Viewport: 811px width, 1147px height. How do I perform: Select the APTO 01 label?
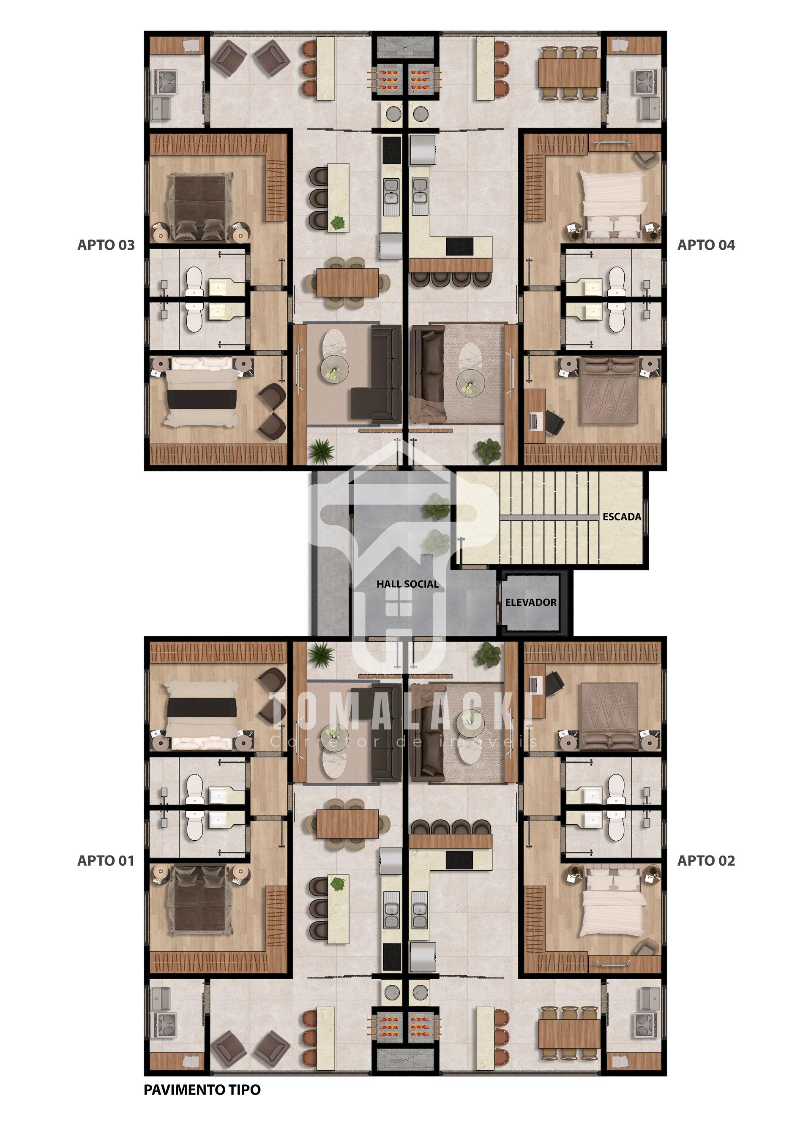(106, 860)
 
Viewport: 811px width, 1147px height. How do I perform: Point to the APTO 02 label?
(706, 860)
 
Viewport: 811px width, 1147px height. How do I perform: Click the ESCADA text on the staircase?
(622, 517)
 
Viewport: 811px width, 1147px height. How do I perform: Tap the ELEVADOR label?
(531, 602)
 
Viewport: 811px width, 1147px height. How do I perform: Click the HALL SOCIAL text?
(408, 583)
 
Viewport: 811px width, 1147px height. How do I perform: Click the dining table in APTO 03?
(347, 282)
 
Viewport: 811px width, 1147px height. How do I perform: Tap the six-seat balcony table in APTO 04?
(569, 73)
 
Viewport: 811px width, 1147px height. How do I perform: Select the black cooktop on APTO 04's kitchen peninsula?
(460, 246)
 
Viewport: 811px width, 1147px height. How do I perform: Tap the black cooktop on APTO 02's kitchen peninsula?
(460, 859)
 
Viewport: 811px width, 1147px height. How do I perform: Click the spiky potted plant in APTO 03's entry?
(321, 451)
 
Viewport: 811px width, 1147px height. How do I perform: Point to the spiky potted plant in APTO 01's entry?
(321, 655)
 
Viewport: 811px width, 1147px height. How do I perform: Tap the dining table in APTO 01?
(347, 823)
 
